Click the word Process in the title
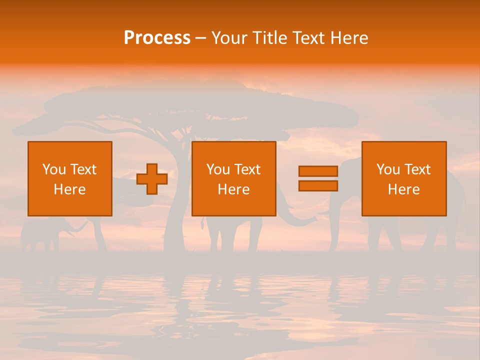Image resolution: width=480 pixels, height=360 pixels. tap(157, 38)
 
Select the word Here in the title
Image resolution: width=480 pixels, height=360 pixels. tap(349, 38)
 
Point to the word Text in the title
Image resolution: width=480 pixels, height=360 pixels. tap(307, 38)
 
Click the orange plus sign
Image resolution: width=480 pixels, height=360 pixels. tap(152, 179)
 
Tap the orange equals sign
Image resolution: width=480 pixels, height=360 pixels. tap(318, 178)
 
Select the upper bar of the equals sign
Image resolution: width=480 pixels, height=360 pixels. tap(318, 171)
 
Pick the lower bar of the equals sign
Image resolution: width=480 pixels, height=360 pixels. tap(318, 186)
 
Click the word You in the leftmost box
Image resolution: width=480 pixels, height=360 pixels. tap(54, 169)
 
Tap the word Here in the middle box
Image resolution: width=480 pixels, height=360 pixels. tap(234, 189)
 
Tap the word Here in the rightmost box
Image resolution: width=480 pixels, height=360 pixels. tap(404, 189)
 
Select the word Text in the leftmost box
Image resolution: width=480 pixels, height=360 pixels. tap(83, 169)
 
